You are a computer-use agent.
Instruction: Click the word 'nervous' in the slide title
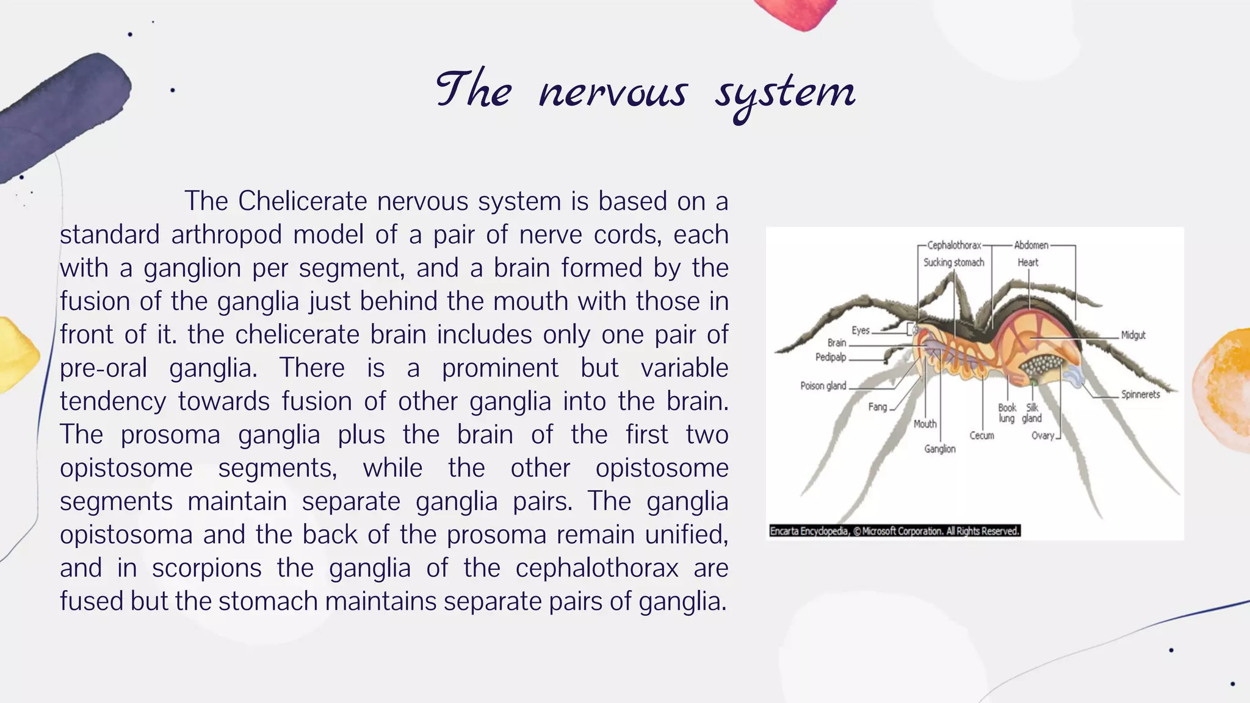(613, 93)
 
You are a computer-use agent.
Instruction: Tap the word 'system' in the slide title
(786, 94)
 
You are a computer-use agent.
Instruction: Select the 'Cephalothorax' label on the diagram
(954, 245)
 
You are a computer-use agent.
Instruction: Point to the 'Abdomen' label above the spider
(1031, 245)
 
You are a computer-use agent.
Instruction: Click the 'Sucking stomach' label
(953, 262)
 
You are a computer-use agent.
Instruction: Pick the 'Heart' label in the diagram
(1028, 262)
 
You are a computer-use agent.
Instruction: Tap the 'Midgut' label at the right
(1133, 335)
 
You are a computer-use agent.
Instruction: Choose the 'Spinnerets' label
(1140, 394)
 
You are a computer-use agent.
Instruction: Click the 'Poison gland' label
(823, 386)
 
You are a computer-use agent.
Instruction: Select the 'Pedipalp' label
(831, 357)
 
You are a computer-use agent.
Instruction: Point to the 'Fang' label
(877, 407)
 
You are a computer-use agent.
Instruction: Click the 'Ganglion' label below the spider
(940, 449)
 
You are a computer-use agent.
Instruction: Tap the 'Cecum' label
(981, 436)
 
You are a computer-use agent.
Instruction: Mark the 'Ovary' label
(1042, 436)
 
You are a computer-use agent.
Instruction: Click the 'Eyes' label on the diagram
(861, 331)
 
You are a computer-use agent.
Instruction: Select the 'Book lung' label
(1007, 413)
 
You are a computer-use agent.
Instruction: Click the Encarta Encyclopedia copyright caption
(895, 531)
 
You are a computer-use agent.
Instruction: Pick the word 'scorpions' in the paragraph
(207, 568)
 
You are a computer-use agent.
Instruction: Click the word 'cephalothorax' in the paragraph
(596, 568)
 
